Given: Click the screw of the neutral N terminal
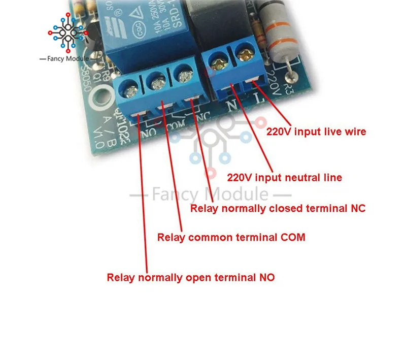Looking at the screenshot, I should [x=220, y=63].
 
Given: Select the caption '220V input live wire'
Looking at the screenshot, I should [x=316, y=132].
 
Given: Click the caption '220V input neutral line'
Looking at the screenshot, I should [x=284, y=178].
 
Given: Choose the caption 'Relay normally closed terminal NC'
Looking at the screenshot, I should [x=277, y=208].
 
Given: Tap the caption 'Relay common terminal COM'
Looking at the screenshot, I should [x=231, y=237].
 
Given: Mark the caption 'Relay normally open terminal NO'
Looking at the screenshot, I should [x=190, y=278].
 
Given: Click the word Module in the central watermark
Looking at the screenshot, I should [x=236, y=194].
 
